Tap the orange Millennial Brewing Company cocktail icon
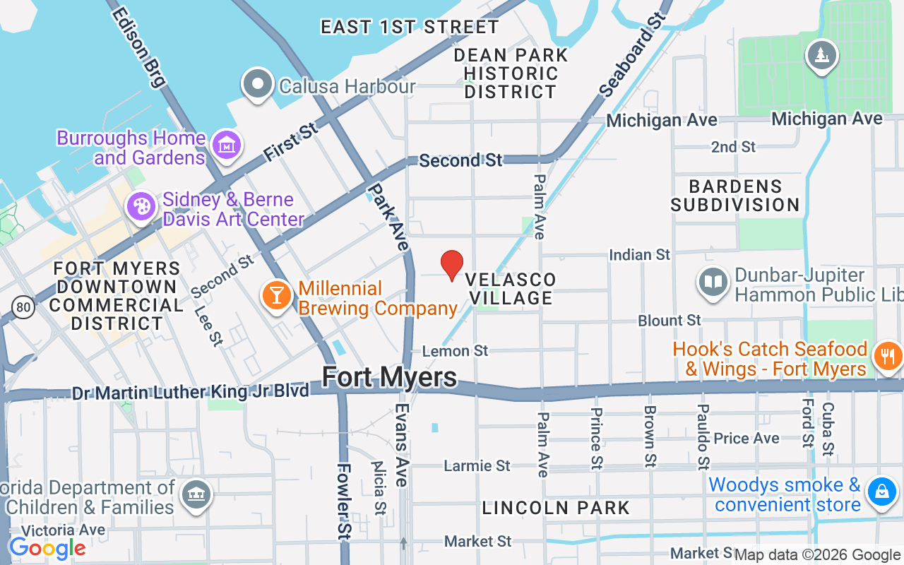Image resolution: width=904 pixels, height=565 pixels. tap(276, 295)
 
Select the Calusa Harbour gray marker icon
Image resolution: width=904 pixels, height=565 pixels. tap(258, 85)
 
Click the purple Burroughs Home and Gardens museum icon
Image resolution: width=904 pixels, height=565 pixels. tap(227, 145)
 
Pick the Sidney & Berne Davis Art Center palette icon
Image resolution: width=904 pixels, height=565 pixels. tap(141, 206)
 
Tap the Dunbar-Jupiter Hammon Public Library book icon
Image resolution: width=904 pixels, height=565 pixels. tap(713, 282)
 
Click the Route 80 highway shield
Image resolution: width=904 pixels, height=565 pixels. tap(23, 307)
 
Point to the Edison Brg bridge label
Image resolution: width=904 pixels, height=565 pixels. tap(138, 47)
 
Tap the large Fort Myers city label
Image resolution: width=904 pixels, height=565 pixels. tap(389, 377)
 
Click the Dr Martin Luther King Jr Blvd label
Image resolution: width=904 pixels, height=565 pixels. tap(191, 391)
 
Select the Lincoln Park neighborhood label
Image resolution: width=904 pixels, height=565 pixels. tap(556, 508)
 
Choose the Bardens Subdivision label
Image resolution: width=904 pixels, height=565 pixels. tap(734, 196)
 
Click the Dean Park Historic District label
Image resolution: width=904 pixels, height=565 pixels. tap(511, 73)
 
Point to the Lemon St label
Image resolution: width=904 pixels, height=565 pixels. tap(455, 351)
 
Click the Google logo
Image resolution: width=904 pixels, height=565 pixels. tap(47, 548)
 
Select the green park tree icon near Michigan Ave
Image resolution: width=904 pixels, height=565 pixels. tap(821, 55)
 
